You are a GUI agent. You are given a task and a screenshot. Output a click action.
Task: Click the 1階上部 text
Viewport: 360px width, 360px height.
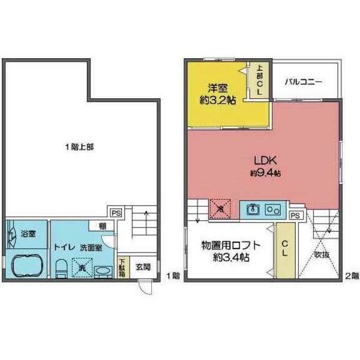[79, 147]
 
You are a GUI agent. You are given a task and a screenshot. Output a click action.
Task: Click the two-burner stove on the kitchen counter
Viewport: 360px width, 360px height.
[274, 209]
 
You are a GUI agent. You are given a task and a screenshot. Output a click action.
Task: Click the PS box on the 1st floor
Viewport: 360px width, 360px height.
[115, 212]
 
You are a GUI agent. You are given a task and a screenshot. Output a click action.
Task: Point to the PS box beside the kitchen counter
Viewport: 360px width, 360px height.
[295, 215]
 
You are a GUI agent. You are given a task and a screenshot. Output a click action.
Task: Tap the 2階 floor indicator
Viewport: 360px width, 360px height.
[350, 277]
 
